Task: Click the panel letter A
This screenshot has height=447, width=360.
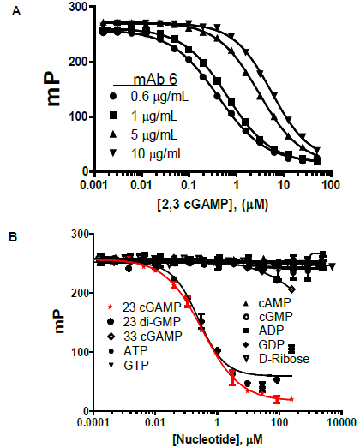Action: (x=13, y=11)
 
